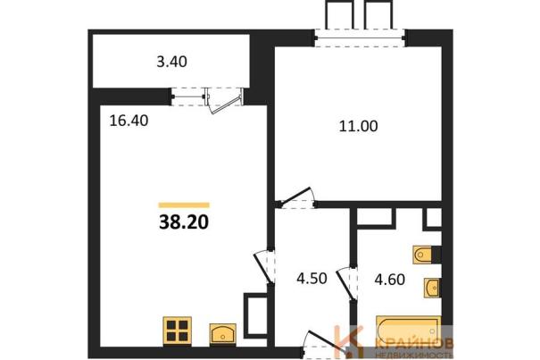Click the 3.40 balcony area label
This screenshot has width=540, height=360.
click(172, 62)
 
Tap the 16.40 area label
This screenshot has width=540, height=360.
click(129, 121)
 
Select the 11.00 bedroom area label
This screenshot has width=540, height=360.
click(359, 126)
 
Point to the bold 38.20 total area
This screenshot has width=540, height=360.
click(184, 222)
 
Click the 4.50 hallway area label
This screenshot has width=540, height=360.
click(312, 279)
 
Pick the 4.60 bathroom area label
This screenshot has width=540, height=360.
click(390, 280)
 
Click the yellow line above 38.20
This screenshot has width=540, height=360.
click(184, 205)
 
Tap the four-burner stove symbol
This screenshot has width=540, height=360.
click(178, 331)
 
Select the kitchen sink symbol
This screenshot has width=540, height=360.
click(223, 334)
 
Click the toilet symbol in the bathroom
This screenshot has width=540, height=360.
click(422, 255)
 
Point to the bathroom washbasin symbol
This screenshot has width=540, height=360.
click(432, 288)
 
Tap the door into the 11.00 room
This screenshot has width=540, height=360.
click(297, 198)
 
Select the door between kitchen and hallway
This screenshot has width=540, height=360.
click(264, 268)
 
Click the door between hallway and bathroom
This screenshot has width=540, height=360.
click(347, 283)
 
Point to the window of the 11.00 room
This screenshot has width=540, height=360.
click(360, 38)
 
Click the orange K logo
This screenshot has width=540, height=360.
click(350, 341)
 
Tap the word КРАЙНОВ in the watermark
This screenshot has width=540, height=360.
click(414, 343)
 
